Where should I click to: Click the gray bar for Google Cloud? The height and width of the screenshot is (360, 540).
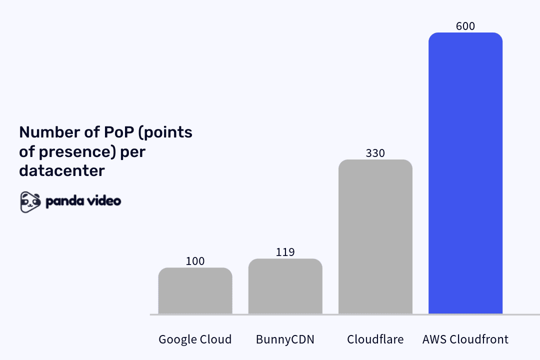click(x=195, y=291)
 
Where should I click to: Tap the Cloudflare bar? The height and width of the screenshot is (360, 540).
click(x=375, y=237)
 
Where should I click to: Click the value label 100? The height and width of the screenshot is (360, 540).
click(x=195, y=261)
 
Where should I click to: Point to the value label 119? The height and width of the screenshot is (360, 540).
click(x=285, y=252)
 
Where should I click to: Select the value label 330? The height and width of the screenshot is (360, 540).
click(x=375, y=153)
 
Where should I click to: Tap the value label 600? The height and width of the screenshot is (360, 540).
click(x=465, y=26)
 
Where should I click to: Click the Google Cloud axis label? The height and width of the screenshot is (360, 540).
click(x=195, y=339)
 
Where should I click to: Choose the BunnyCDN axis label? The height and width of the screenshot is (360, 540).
click(x=285, y=339)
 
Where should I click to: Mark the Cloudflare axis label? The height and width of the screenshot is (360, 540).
click(x=375, y=339)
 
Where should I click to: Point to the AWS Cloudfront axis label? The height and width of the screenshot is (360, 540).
click(x=465, y=339)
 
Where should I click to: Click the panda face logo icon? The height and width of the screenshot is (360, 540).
click(x=30, y=201)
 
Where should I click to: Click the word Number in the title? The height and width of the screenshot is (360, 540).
click(x=45, y=132)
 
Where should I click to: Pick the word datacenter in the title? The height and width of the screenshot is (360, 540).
click(x=62, y=170)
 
